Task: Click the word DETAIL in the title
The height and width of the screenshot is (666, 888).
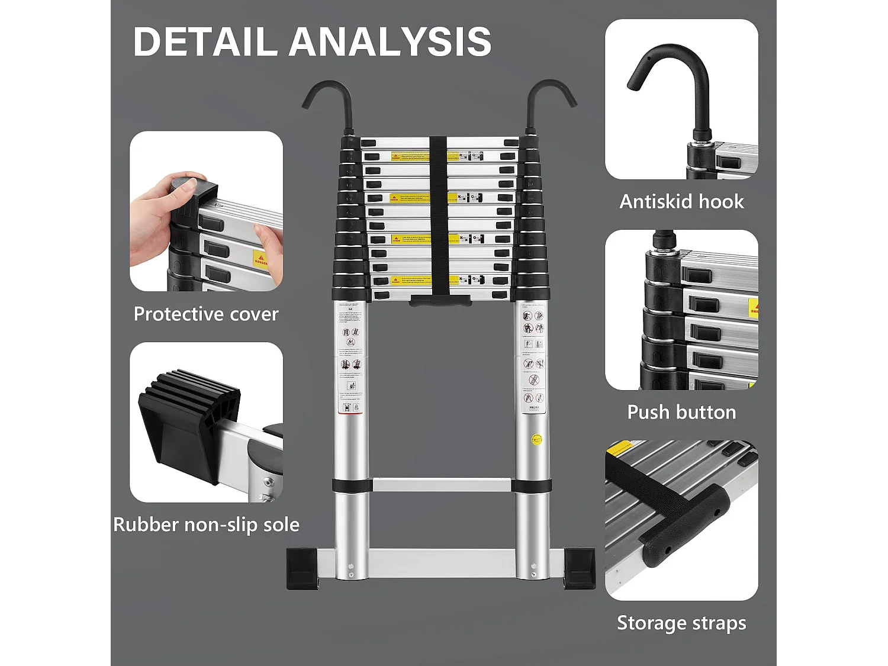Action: [x=205, y=42]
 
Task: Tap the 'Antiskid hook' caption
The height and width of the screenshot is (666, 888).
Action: [x=681, y=202]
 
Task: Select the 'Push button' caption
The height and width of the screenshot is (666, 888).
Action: [x=681, y=412]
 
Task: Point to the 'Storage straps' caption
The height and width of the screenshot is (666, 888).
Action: [x=681, y=623]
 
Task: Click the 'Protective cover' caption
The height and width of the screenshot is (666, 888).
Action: [x=206, y=314]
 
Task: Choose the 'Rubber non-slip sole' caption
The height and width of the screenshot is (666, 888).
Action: [x=206, y=525]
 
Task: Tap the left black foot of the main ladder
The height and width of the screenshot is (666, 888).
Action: [x=303, y=568]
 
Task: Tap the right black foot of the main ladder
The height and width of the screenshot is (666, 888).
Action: [x=579, y=568]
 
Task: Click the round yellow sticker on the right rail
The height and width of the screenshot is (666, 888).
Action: [x=536, y=440]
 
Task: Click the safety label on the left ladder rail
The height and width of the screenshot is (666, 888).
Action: [x=351, y=361]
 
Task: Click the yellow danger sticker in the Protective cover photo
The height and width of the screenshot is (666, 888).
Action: [x=260, y=259]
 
